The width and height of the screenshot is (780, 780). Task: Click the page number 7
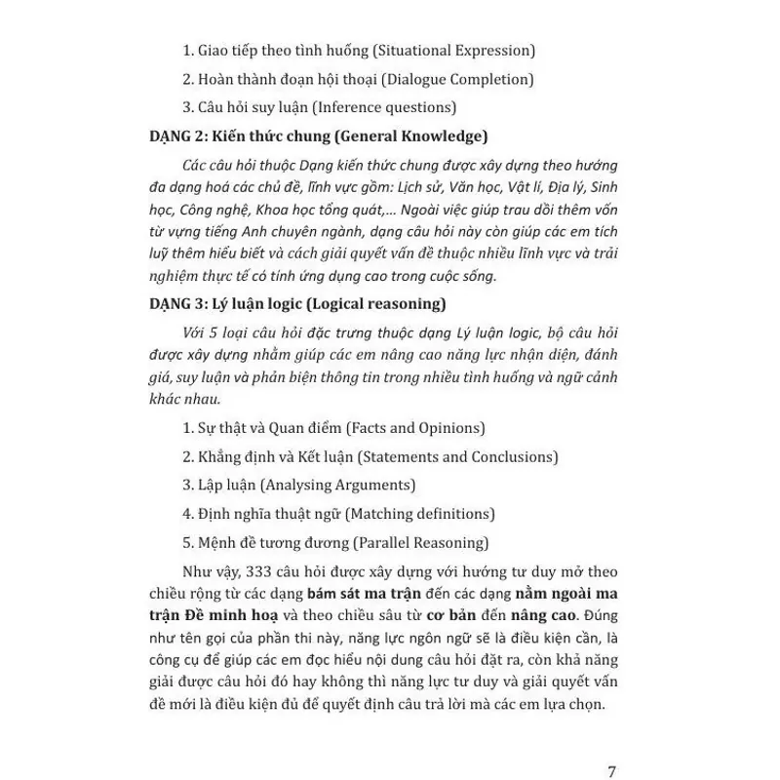(x=611, y=746)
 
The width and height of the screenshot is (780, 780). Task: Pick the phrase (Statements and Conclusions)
(x=458, y=456)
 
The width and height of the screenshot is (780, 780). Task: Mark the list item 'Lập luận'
(x=225, y=485)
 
